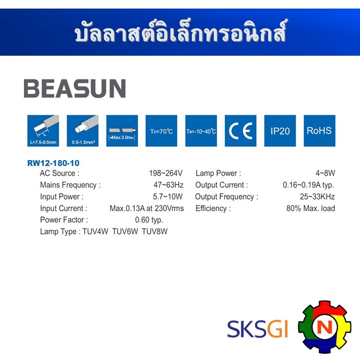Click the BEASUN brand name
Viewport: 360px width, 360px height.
(75, 89)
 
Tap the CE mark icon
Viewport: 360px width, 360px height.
(240, 130)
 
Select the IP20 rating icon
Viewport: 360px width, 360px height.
(280, 130)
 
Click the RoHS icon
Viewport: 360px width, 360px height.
(320, 130)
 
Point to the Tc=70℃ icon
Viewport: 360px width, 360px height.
(161, 130)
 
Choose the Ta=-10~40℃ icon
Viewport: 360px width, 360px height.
(201, 130)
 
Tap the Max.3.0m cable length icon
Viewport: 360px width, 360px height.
(122, 130)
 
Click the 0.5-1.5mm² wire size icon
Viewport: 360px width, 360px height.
(82, 130)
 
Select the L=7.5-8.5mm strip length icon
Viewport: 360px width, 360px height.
(43, 130)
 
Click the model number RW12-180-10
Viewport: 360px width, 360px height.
(53, 163)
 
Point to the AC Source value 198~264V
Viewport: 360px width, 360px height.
(166, 173)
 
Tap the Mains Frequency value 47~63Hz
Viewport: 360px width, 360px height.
(168, 185)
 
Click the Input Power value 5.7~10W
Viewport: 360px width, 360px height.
(168, 197)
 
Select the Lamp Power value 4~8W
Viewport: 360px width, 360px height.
(325, 173)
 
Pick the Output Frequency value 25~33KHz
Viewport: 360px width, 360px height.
(317, 197)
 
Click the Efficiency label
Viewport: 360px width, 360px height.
(213, 209)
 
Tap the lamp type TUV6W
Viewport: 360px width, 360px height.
(125, 231)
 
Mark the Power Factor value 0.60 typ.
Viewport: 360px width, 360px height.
(149, 220)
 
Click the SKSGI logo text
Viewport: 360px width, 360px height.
(257, 329)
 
